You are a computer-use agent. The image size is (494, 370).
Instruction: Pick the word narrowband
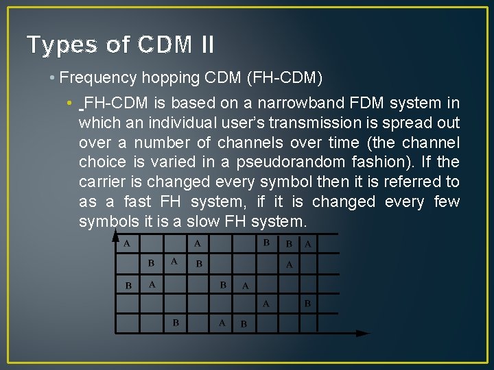294,103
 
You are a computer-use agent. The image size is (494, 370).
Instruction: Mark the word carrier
101,182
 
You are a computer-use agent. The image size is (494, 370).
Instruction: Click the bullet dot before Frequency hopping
53,78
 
